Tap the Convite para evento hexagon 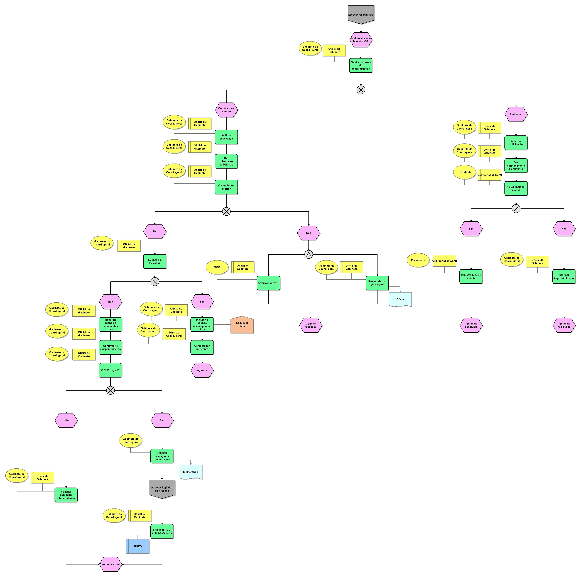pos(226,110)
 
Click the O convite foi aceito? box pos(226,187)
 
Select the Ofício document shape pos(400,299)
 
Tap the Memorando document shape pos(190,472)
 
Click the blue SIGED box pos(138,546)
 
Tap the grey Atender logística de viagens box pos(162,489)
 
